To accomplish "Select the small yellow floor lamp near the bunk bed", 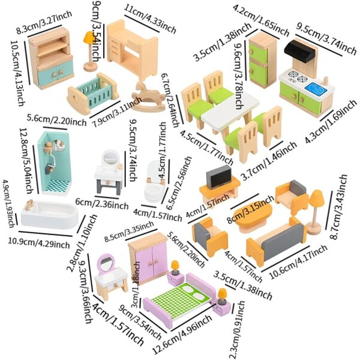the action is tap(90, 51).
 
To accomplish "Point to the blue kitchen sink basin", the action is tap(316, 88).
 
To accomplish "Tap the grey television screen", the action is tap(219, 177).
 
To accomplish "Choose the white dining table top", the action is tap(230, 111).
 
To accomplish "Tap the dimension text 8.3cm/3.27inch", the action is tap(44, 22).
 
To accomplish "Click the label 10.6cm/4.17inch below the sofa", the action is tap(298, 262).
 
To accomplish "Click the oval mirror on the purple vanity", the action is tap(106, 264).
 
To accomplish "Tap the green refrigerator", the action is tap(262, 60).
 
